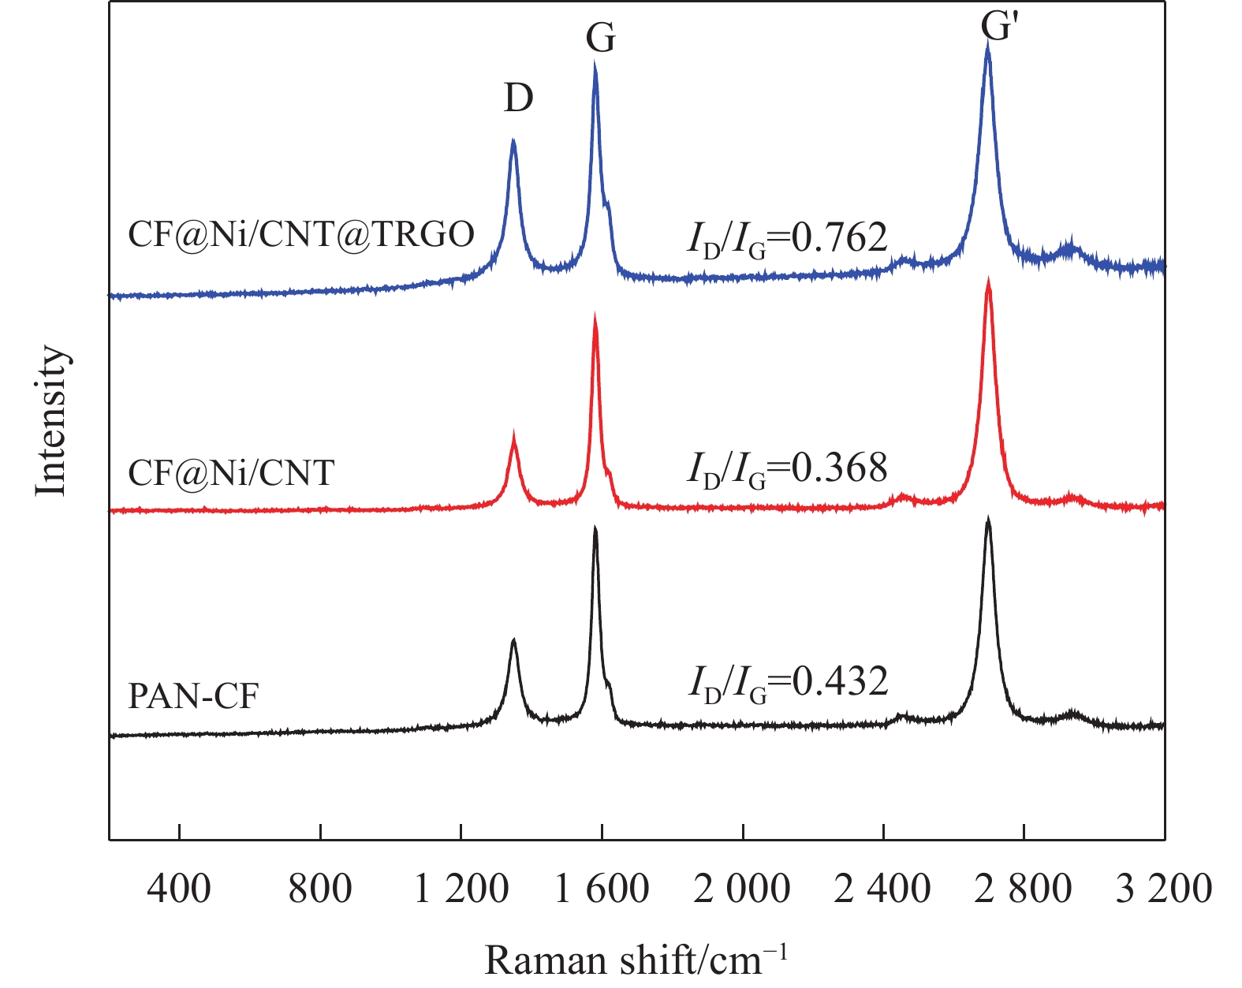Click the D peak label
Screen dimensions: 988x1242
[x=519, y=99]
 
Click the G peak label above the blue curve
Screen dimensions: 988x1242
[x=601, y=38]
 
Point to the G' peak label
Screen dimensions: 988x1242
[x=997, y=27]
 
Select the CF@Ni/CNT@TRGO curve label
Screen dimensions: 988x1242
[x=301, y=234]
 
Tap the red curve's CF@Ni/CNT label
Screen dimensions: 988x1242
[x=231, y=473]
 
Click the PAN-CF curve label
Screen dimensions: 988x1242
[x=193, y=697]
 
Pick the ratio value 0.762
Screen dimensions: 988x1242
[x=839, y=237]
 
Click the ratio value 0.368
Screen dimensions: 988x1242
[x=839, y=468]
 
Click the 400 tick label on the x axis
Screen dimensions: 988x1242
[x=180, y=889]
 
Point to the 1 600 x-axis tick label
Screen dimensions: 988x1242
[x=602, y=889]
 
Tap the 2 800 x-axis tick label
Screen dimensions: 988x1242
[x=1023, y=889]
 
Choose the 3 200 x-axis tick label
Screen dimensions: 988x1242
[x=1164, y=889]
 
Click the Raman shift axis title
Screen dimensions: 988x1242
[x=636, y=960]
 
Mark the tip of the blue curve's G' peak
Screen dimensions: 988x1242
[x=988, y=45]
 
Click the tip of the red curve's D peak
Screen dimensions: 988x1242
[x=514, y=433]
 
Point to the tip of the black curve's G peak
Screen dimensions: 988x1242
[x=595, y=528]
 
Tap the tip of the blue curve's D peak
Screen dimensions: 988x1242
[x=513, y=140]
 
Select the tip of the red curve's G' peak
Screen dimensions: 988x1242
[x=988, y=281]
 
